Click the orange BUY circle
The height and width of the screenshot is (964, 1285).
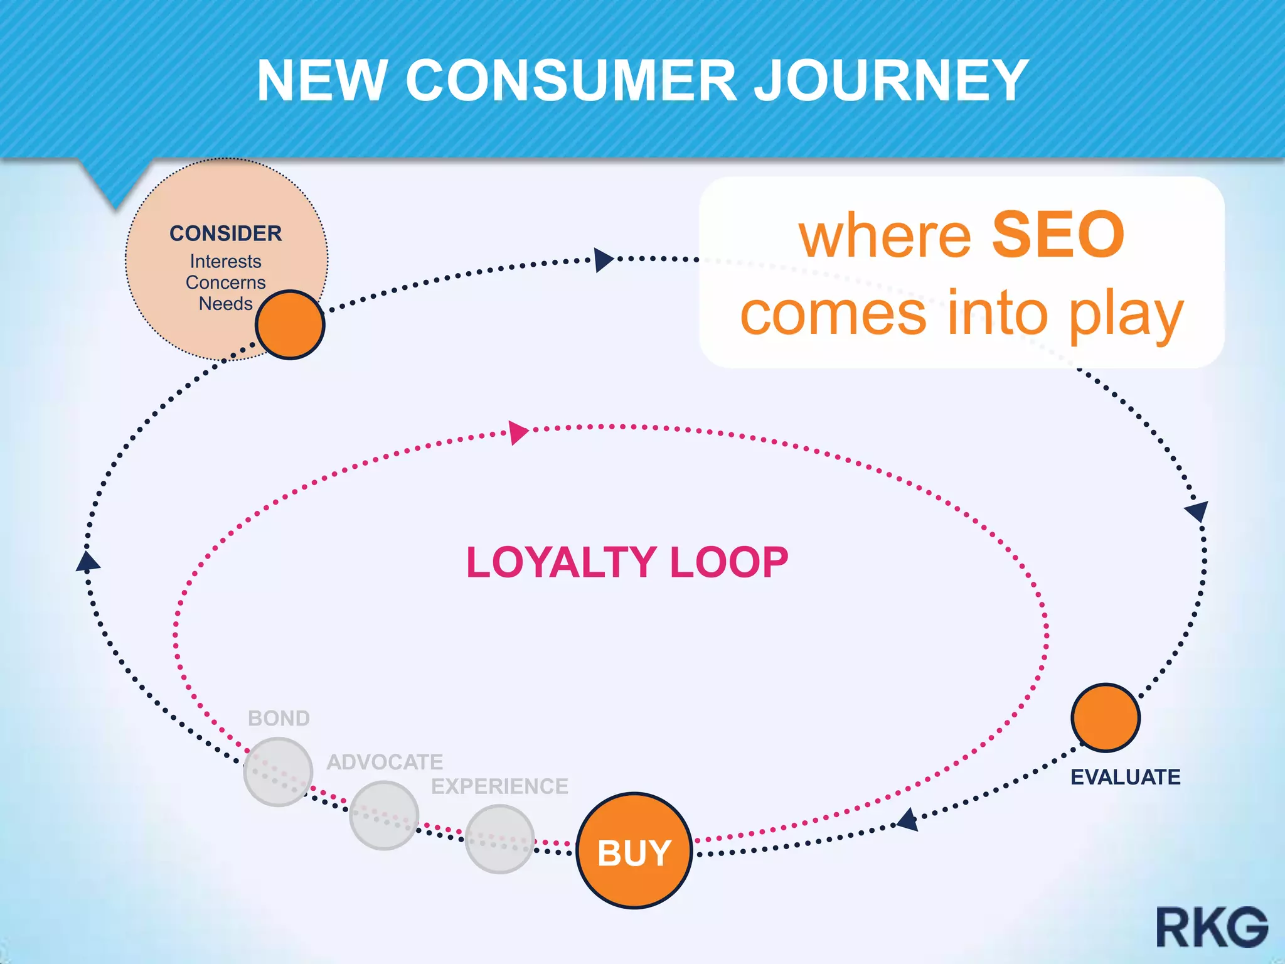(634, 850)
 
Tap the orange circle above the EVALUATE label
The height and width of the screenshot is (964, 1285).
(1106, 717)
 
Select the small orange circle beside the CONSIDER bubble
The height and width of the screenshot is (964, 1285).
(290, 324)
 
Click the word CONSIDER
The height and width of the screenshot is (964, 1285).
(226, 233)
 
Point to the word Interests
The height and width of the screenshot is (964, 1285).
(226, 261)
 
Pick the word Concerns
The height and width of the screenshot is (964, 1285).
(226, 282)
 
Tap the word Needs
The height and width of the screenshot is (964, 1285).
(226, 304)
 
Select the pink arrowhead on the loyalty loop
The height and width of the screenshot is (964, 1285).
(518, 432)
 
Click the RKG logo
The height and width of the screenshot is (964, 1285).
(1212, 927)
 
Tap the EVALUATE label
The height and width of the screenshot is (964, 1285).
(1125, 777)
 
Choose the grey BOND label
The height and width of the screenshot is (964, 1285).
(279, 718)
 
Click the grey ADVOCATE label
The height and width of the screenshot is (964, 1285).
(385, 762)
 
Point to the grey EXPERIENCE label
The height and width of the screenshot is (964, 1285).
(499, 786)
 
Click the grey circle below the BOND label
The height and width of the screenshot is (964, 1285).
(278, 771)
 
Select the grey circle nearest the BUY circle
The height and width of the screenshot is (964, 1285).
(499, 839)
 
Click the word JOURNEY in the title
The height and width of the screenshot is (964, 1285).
(891, 80)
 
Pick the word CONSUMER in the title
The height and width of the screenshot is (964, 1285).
(571, 80)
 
